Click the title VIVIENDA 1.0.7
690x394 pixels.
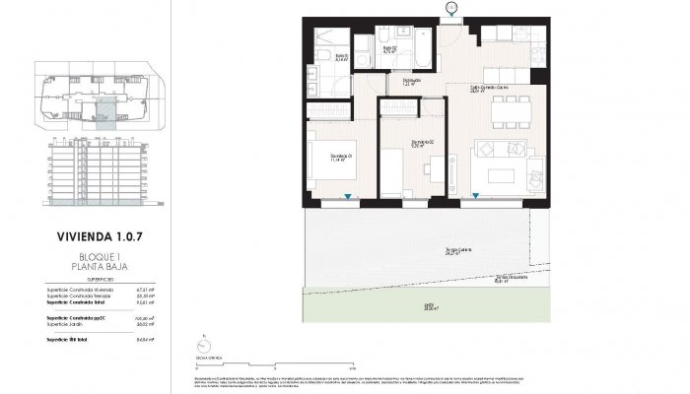coord(95,237)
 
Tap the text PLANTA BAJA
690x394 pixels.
coord(95,267)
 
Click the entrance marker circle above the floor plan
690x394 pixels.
coord(450,8)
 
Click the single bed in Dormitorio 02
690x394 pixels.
coord(392,170)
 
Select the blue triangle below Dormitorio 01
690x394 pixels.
coord(347,198)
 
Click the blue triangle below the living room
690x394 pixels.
coord(475,198)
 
